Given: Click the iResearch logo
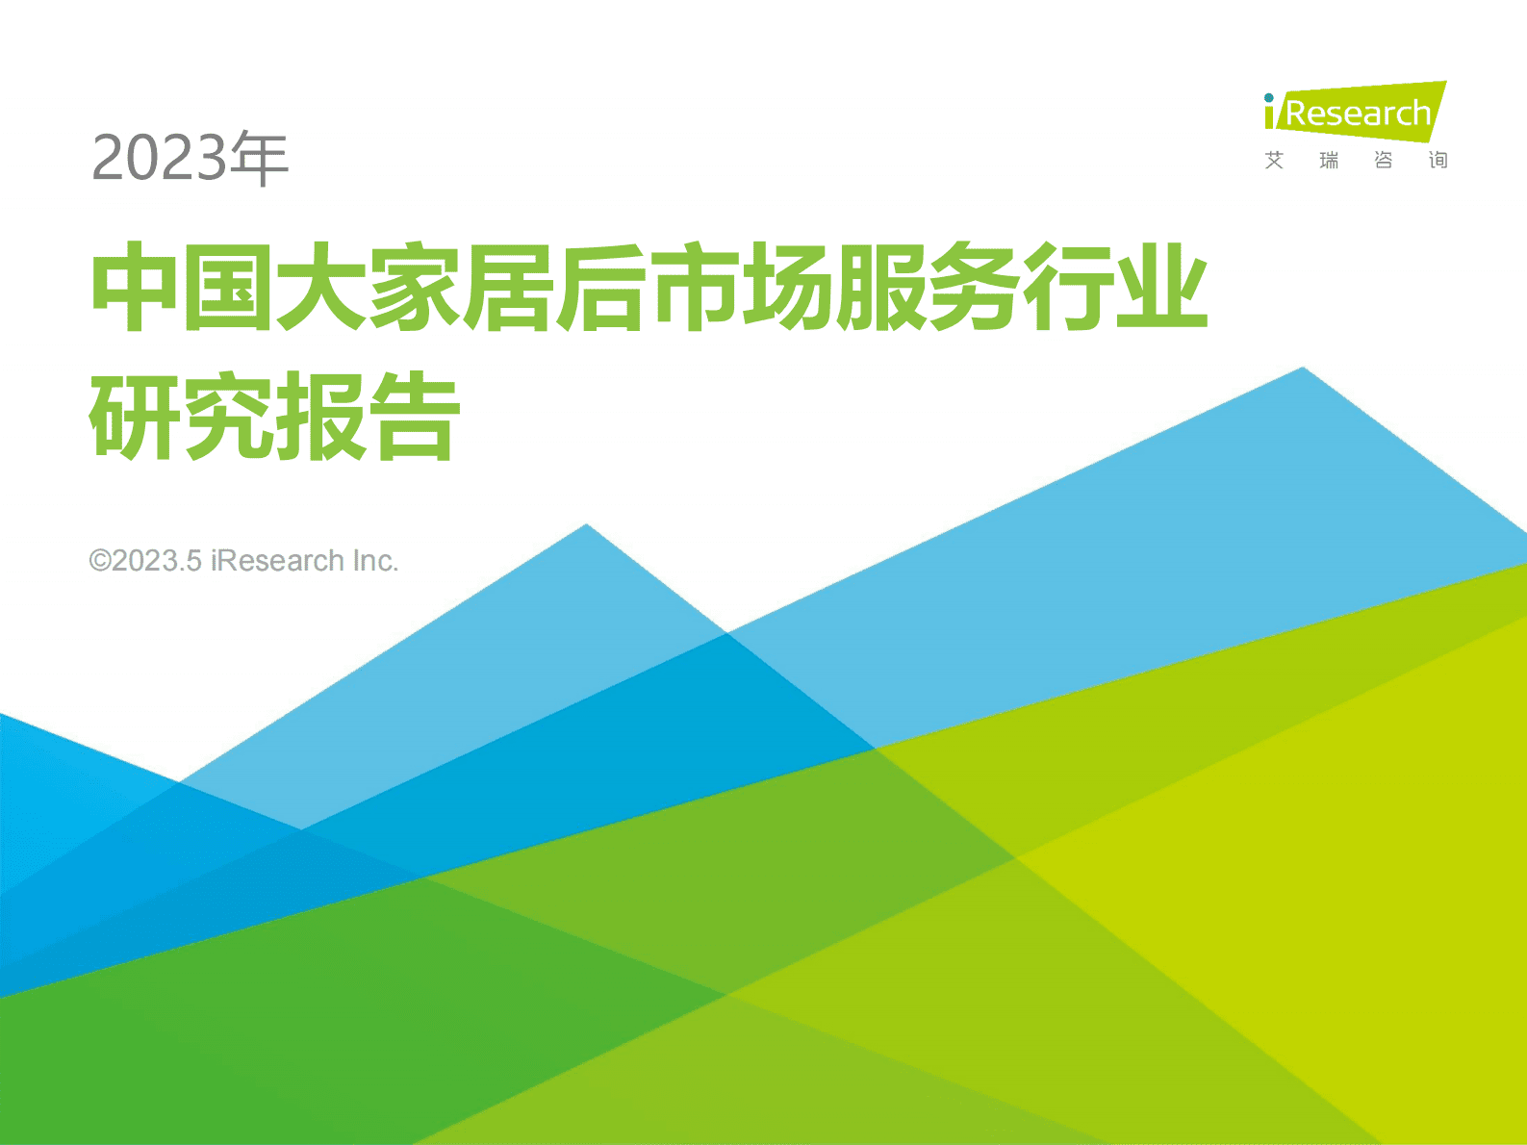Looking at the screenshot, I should click(1355, 112).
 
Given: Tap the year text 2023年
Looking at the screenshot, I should click(190, 158).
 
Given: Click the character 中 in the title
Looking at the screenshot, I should click(134, 288).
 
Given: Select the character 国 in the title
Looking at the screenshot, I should click(227, 288).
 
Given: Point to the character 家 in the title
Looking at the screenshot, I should click(414, 288).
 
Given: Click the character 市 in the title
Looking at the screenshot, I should click(696, 288).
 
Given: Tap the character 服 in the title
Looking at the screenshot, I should click(881, 288).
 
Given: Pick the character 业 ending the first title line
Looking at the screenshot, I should click(1162, 288).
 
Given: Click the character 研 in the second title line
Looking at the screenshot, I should click(134, 417).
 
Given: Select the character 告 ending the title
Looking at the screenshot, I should click(415, 417).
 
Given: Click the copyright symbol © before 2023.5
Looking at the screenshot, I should click(100, 561).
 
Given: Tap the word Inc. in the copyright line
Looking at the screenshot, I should click(375, 561).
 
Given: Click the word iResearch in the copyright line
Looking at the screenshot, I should click(277, 561).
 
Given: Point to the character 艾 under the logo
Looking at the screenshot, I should click(1274, 161).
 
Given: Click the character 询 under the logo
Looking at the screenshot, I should click(1438, 161).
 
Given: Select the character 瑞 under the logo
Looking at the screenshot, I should click(1329, 161).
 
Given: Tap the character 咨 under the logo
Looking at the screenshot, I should click(1384, 161).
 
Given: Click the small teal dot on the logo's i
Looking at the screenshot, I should click(1269, 98).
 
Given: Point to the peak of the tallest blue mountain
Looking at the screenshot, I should click(1303, 369).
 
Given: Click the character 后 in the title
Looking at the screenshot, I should click(601, 288).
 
